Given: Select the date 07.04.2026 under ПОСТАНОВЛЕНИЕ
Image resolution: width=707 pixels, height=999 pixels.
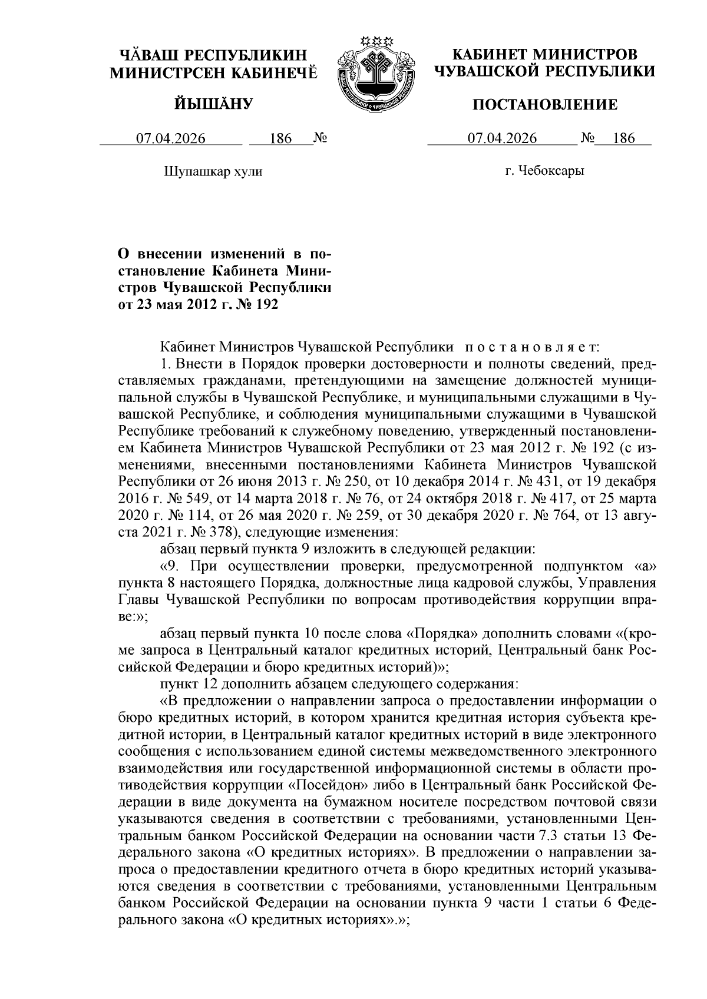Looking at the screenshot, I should [502, 139].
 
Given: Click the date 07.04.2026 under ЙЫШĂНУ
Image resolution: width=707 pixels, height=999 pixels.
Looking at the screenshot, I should [171, 139].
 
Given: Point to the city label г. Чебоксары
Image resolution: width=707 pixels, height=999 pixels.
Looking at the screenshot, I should [544, 171].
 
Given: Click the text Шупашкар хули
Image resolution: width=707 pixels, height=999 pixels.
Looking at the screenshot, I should [212, 172].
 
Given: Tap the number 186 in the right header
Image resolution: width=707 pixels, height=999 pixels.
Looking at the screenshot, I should [623, 139].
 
